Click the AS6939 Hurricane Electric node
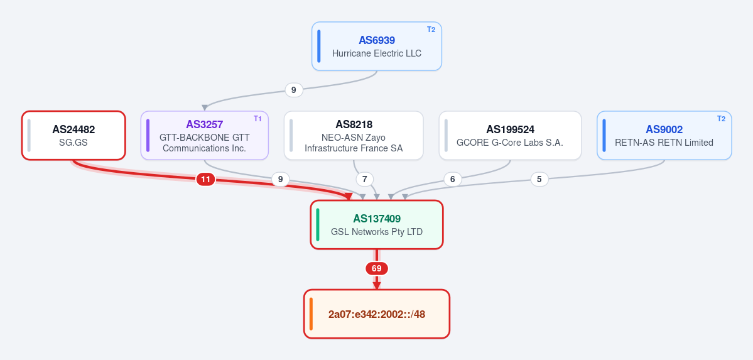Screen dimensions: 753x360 point(377,46)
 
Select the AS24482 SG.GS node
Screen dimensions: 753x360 point(73,136)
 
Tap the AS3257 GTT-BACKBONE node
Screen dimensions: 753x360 point(205,136)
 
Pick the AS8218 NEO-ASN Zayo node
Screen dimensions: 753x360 point(354,136)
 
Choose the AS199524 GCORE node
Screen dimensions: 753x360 point(510,136)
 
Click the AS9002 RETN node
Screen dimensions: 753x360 point(664,136)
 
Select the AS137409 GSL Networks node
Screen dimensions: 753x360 point(377,225)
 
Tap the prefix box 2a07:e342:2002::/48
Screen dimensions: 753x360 point(377,314)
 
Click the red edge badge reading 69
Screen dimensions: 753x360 point(377,268)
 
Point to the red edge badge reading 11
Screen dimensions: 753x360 point(205,180)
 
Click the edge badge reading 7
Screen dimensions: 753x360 point(364,180)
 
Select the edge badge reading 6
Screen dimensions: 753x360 point(452,180)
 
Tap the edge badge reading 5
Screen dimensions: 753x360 point(539,179)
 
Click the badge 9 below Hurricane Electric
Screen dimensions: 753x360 point(294,90)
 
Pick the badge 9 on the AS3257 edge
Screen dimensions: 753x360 point(281,180)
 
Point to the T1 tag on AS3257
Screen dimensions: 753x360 point(258,119)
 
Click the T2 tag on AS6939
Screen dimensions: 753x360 point(431,30)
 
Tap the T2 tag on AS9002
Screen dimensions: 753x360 point(722,119)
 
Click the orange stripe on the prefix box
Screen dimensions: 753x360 point(311,314)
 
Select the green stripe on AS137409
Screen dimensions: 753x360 point(318,225)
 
